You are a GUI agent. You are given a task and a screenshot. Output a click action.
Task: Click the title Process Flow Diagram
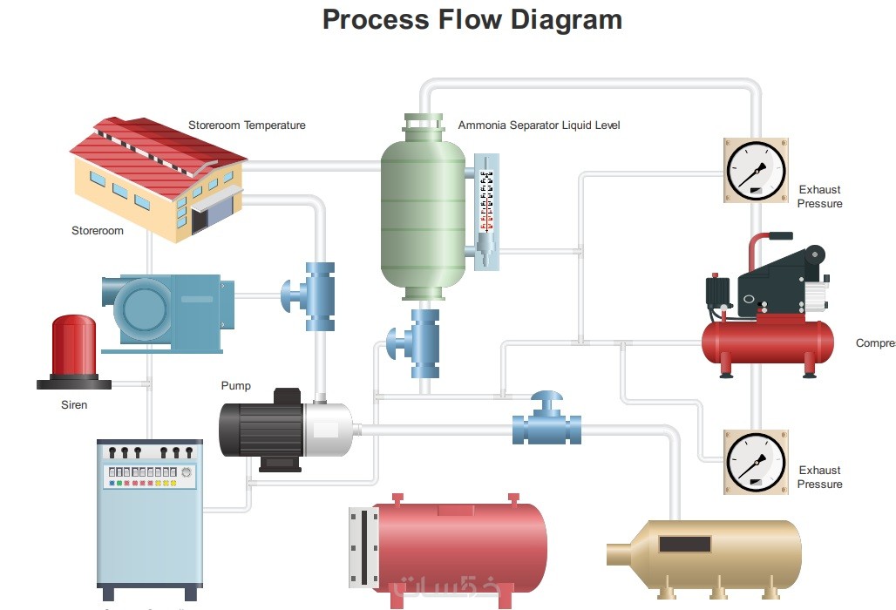472,19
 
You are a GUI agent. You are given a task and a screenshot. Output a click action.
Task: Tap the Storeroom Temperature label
247,125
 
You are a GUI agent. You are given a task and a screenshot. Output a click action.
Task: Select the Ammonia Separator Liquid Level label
539,125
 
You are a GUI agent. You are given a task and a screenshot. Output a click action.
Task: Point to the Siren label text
74,405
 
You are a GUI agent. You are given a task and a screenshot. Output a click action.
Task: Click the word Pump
235,386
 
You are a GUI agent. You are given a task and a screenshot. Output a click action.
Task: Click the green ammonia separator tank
423,213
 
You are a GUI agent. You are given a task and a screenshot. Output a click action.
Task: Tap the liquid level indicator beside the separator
486,209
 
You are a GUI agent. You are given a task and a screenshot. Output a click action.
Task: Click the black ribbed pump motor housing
260,429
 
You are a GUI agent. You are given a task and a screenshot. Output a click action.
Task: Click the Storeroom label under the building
98,231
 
